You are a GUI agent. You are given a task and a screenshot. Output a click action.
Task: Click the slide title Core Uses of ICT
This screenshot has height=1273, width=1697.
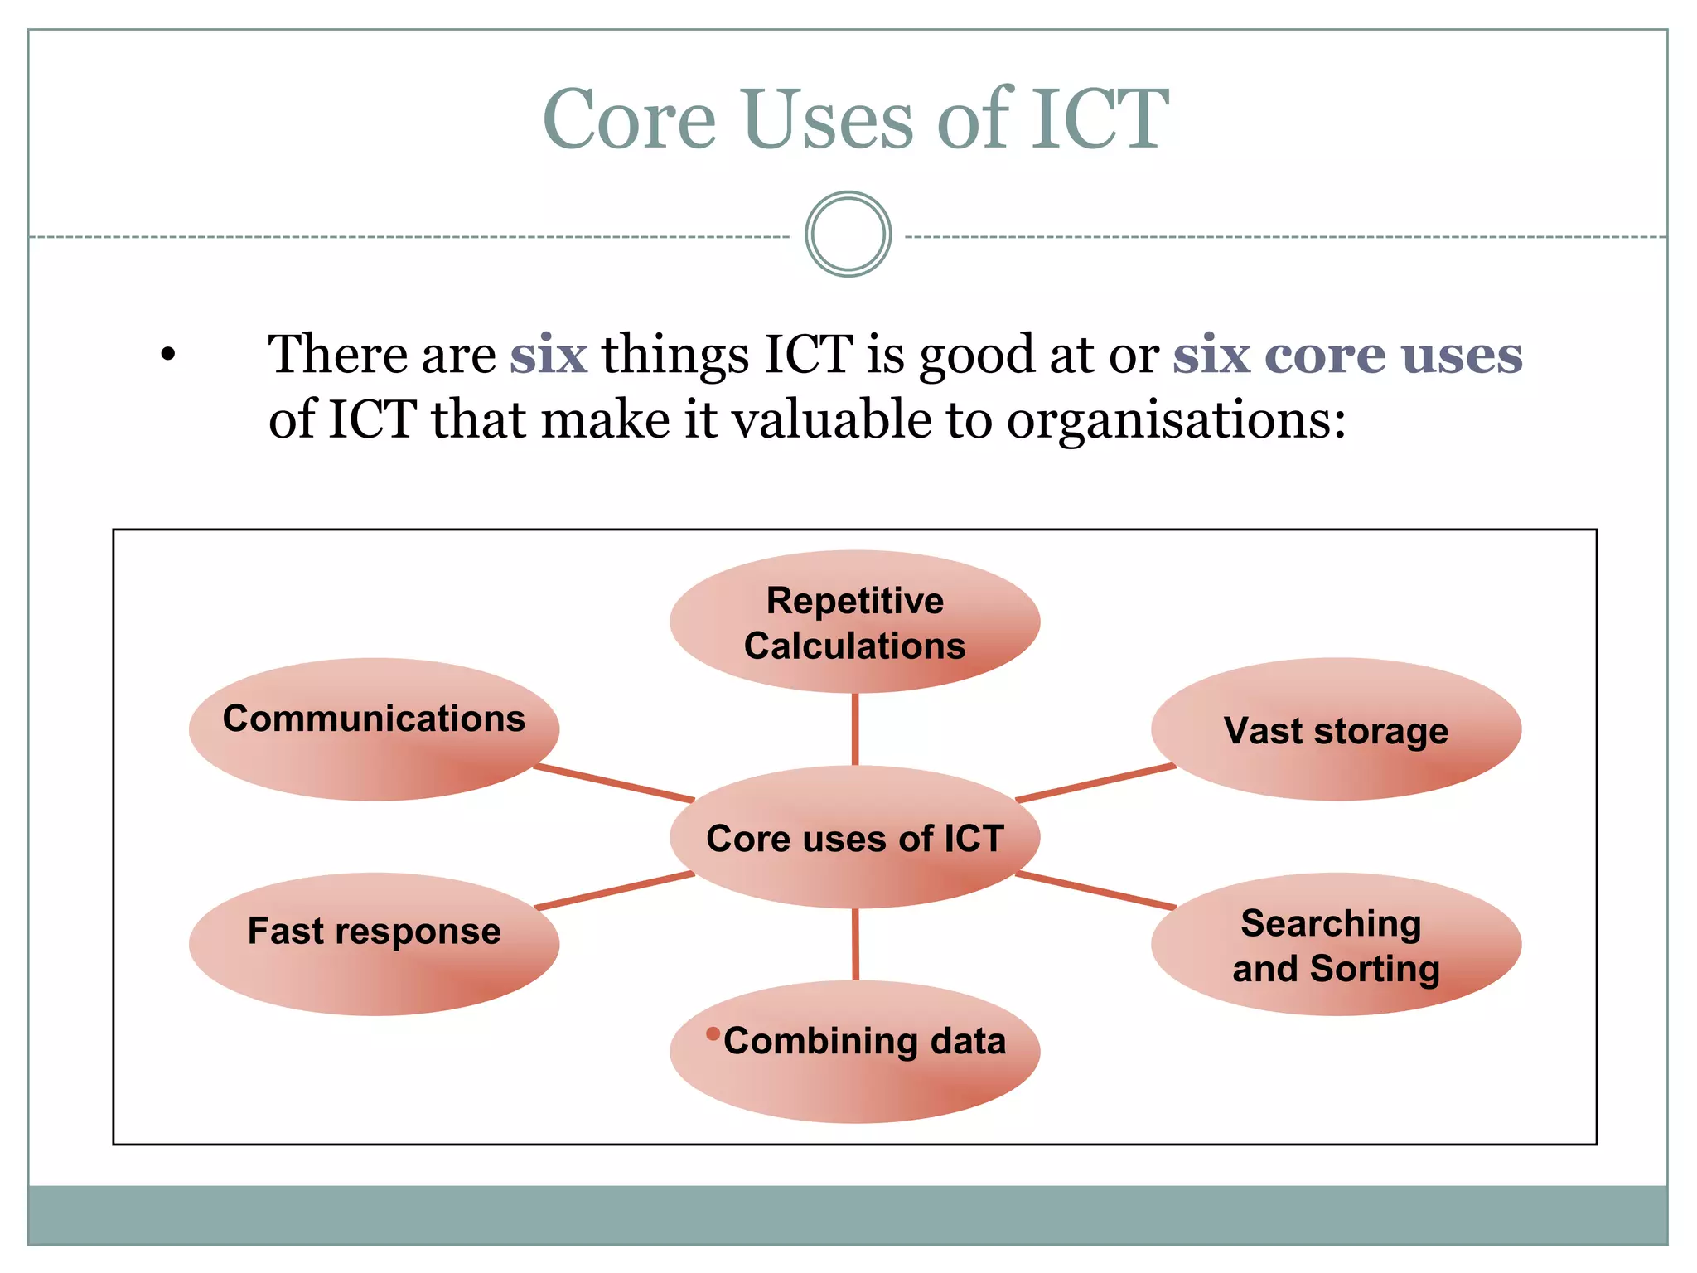tap(855, 120)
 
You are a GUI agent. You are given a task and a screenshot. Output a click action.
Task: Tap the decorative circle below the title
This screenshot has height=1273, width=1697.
tap(848, 235)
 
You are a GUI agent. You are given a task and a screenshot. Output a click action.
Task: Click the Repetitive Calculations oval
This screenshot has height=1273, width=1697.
tap(854, 622)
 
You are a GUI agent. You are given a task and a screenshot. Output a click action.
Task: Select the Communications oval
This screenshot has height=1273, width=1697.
tap(374, 729)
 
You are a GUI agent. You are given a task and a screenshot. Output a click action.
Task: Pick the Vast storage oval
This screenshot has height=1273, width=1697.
tap(1336, 730)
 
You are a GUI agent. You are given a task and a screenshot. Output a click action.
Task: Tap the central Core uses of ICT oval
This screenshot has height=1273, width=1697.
tap(854, 837)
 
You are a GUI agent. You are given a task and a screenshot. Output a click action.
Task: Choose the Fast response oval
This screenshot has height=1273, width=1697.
tap(374, 943)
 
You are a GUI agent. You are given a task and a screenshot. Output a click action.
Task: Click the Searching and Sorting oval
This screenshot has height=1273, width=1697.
tap(1336, 945)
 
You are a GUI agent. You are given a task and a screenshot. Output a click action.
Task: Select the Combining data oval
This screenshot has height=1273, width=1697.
tap(854, 1051)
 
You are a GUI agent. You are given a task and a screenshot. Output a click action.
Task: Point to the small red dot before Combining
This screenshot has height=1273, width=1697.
tap(713, 1033)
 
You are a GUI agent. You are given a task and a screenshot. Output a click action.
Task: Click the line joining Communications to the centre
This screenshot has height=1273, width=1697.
tap(613, 784)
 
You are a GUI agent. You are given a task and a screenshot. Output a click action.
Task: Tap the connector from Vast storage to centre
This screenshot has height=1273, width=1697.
tap(1095, 783)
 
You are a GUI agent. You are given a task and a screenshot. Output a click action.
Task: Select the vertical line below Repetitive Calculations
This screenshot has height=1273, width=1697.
tap(855, 729)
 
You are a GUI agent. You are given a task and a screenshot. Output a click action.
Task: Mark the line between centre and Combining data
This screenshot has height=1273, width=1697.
tap(855, 945)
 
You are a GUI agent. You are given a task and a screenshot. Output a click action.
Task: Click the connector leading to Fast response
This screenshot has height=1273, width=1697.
tap(613, 891)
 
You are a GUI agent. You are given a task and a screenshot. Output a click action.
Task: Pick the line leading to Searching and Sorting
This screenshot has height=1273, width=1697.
tap(1095, 891)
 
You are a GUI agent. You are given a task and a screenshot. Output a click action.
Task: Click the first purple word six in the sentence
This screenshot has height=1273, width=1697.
tap(549, 355)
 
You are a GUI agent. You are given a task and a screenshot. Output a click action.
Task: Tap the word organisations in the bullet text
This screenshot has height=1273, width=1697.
tap(1175, 420)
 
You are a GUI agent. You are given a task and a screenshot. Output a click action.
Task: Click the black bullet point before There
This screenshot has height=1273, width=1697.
tap(168, 356)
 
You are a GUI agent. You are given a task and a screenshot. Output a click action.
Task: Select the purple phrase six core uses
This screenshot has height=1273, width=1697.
tap(1347, 355)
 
